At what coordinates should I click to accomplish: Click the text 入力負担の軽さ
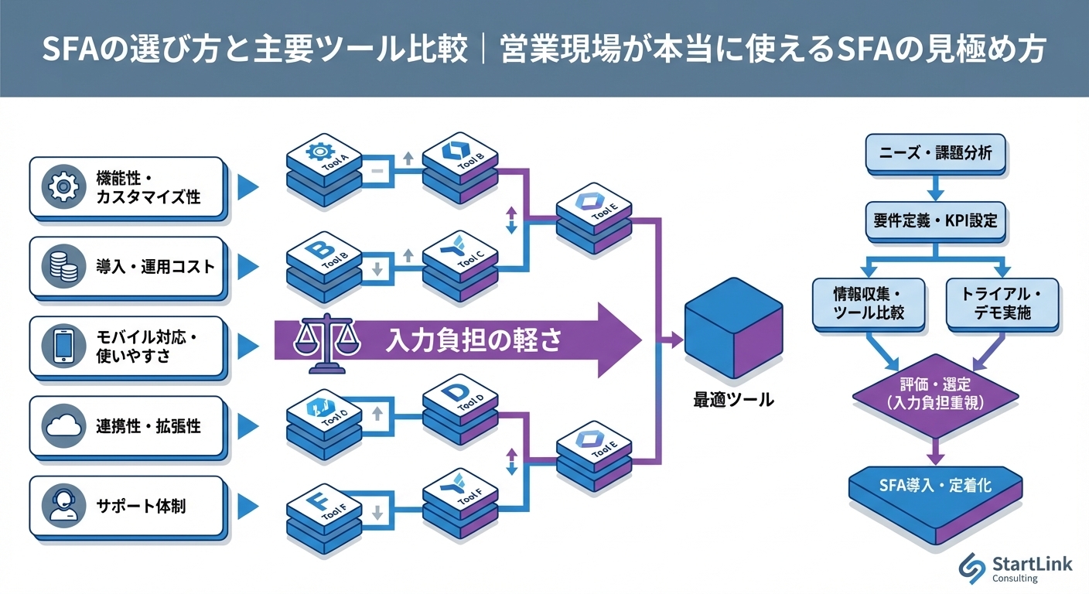473,341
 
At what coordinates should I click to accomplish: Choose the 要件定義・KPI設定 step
936,221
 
